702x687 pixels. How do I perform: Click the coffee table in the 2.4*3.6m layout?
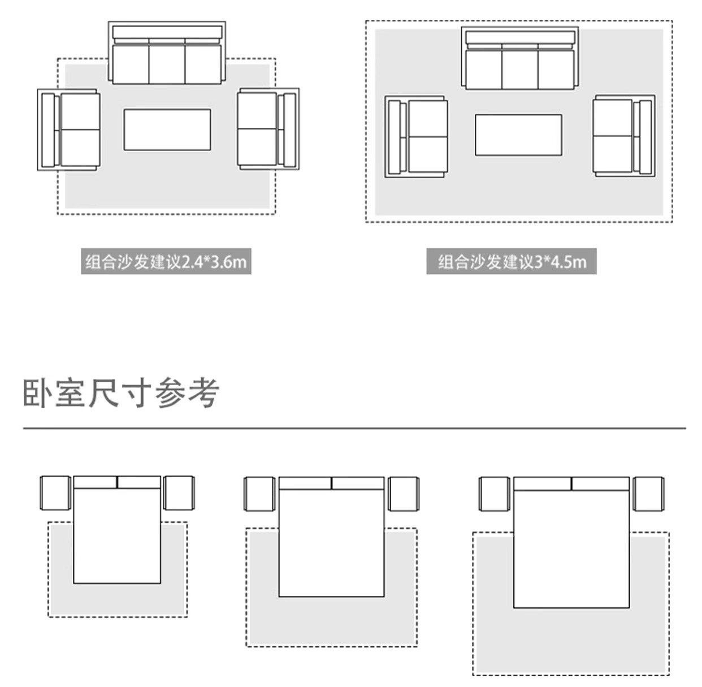pyautogui.click(x=167, y=129)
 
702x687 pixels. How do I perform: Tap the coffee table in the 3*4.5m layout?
pyautogui.click(x=518, y=135)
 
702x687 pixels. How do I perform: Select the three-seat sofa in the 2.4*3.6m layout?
pyautogui.click(x=167, y=54)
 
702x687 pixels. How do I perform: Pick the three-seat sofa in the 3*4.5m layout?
pyautogui.click(x=519, y=59)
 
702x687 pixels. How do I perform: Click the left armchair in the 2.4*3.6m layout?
pyautogui.click(x=70, y=129)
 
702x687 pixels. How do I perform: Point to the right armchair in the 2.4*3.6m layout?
pyautogui.click(x=268, y=128)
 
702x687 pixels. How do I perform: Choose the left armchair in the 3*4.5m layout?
pyautogui.click(x=417, y=136)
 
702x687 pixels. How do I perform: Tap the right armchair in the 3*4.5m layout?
pyautogui.click(x=623, y=136)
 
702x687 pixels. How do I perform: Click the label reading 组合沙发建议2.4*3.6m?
pyautogui.click(x=166, y=262)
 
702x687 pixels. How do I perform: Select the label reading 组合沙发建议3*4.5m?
pyautogui.click(x=512, y=262)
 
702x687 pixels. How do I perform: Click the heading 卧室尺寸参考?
pyautogui.click(x=121, y=392)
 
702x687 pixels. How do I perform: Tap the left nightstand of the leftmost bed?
pyautogui.click(x=55, y=493)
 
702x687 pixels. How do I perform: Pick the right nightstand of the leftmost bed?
pyautogui.click(x=179, y=493)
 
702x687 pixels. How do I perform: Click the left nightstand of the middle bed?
pyautogui.click(x=259, y=494)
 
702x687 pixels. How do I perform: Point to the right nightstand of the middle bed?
pyautogui.click(x=403, y=494)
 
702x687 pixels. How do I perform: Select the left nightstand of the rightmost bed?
pyautogui.click(x=495, y=494)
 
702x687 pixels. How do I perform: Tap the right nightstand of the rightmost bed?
pyautogui.click(x=648, y=494)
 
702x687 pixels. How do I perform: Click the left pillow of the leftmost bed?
pyautogui.click(x=95, y=482)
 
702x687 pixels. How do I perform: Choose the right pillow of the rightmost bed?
pyautogui.click(x=600, y=484)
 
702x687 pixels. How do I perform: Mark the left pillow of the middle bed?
pyautogui.click(x=305, y=483)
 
